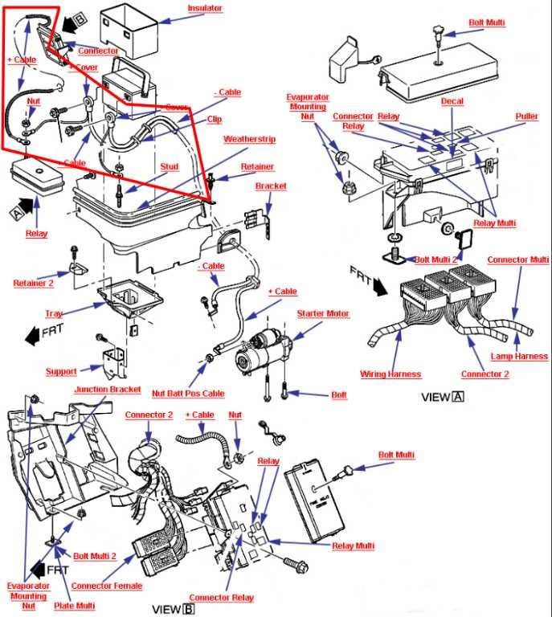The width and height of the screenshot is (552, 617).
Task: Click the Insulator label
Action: click(x=205, y=8)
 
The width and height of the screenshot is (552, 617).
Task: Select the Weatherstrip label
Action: click(x=249, y=139)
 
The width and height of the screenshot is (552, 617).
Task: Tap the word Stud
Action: click(x=169, y=167)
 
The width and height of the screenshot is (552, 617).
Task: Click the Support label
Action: click(x=61, y=372)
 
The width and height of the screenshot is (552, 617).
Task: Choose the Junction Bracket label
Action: click(x=108, y=390)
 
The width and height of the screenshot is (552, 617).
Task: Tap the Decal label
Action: click(x=452, y=102)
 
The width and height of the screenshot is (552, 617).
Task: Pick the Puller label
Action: click(x=527, y=116)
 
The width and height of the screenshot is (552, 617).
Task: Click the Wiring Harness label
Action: click(x=390, y=374)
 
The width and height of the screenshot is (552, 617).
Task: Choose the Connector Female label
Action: click(x=106, y=586)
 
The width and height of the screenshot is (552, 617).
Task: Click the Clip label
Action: click(x=214, y=120)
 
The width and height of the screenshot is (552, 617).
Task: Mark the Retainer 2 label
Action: click(x=33, y=283)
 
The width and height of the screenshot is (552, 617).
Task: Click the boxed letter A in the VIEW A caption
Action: click(x=458, y=397)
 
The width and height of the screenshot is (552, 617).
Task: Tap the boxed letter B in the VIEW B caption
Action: click(x=189, y=608)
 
